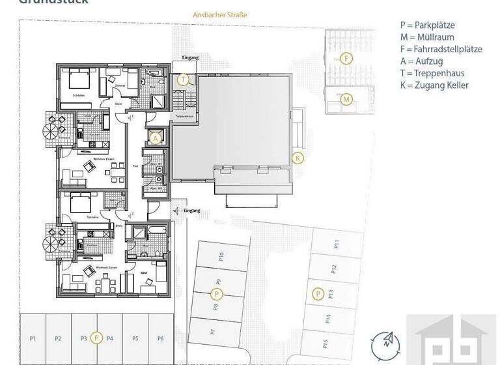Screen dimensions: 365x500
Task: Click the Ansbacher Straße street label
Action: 220,14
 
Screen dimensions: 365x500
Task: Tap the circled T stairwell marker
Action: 184,80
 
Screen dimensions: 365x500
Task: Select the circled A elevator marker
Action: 156,138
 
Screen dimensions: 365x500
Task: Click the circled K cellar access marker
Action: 298,158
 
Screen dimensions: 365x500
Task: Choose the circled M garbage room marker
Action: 346,100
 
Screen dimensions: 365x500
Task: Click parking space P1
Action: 33,338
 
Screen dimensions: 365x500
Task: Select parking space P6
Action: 160,338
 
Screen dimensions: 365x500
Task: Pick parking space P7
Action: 213,331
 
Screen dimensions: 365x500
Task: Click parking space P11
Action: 337,244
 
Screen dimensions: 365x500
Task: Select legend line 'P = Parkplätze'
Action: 427,25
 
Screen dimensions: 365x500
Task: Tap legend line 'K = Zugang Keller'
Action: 434,85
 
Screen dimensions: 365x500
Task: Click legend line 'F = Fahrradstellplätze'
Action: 441,49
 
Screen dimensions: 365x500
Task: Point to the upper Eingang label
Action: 191,58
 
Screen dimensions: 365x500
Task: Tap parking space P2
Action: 58,338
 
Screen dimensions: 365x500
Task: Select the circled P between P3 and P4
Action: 96,338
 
